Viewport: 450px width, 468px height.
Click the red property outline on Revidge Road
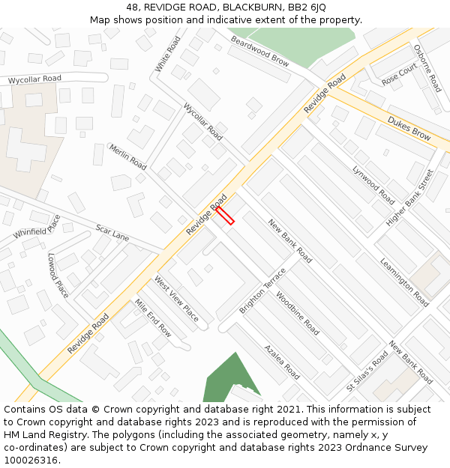point(225,216)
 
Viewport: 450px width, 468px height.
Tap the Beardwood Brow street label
point(259,51)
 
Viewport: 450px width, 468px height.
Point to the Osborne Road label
point(427,68)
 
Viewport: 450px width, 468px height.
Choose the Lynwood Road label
point(373,184)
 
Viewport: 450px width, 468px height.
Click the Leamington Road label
point(404,282)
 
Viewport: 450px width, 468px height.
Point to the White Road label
point(169,55)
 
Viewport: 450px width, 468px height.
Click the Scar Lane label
point(112,232)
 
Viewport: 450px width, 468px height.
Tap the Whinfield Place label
point(37,227)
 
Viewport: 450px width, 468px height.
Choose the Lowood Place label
point(58,275)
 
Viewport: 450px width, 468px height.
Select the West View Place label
point(176,299)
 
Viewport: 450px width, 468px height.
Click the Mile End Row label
point(153,318)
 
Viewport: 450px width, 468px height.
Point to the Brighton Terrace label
point(262,291)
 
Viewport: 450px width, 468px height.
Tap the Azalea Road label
point(282,362)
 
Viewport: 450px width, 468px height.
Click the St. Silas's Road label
point(367,373)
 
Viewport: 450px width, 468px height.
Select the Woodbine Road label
point(298,314)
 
